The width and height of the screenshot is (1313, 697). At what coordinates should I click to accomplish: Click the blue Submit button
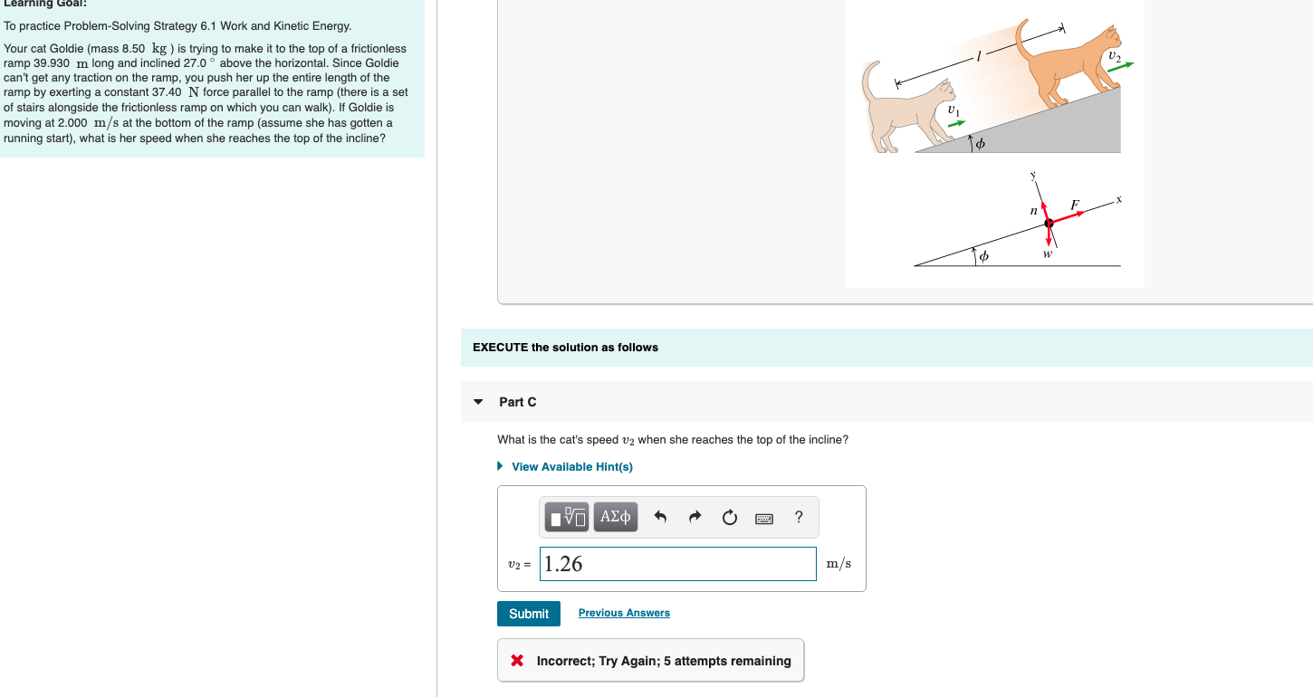(x=529, y=614)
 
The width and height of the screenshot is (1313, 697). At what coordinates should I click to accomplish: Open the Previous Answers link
(x=624, y=613)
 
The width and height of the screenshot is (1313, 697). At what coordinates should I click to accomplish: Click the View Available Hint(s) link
(x=571, y=467)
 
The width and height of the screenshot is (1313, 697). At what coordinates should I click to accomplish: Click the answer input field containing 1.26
(x=677, y=564)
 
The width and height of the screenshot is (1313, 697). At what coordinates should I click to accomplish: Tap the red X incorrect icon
(x=517, y=661)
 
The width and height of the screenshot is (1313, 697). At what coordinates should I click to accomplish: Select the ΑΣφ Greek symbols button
(x=615, y=517)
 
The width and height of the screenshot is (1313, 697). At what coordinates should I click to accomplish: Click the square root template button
(x=568, y=517)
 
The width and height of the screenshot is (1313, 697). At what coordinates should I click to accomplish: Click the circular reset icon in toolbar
(x=729, y=518)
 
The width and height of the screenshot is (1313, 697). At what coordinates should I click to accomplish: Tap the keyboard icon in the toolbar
(x=763, y=518)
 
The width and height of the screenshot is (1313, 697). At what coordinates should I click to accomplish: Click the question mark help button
(x=798, y=517)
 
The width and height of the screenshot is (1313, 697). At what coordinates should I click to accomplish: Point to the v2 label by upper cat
(x=1114, y=57)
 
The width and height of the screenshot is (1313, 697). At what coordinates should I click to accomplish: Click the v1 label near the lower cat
(x=952, y=110)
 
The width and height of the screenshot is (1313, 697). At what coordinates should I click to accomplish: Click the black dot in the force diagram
(x=1049, y=223)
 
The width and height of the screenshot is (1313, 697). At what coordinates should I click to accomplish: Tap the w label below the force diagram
(x=1048, y=254)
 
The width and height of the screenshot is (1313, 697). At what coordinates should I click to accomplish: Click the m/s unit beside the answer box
(x=839, y=564)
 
